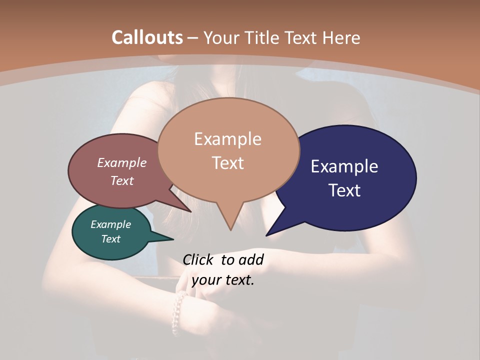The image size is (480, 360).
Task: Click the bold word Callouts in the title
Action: tap(147, 37)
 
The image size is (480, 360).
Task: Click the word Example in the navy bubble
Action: tap(344, 166)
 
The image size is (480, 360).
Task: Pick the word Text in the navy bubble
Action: tap(344, 190)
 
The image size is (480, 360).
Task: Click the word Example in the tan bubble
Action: tap(227, 139)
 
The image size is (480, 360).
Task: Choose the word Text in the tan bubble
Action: tap(227, 163)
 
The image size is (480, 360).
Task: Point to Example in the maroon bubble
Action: tap(122, 162)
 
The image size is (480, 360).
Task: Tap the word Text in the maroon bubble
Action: tap(122, 180)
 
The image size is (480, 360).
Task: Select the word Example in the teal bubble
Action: tap(111, 224)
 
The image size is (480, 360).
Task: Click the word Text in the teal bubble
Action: tap(111, 239)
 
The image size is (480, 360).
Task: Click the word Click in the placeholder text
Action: tap(199, 259)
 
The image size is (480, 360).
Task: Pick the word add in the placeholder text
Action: tap(251, 259)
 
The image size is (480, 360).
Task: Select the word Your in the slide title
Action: tap(220, 37)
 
